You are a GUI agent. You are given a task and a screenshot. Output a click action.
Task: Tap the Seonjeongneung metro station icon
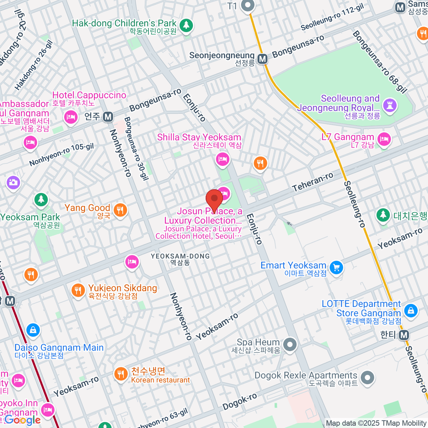pos(263,59)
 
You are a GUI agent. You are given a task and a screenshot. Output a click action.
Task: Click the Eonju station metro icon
pos(108,117)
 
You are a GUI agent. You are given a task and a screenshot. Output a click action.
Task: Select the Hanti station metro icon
pos(404,335)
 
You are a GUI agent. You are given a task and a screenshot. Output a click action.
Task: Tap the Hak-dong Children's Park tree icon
pos(185,25)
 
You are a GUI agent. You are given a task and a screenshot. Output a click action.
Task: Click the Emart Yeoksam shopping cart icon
pos(336,267)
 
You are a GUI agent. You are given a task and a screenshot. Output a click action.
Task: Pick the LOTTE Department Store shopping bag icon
pos(411,310)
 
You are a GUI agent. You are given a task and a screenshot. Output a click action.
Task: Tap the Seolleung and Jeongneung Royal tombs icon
pos(389,105)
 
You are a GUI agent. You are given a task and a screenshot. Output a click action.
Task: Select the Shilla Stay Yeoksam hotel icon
pos(223,159)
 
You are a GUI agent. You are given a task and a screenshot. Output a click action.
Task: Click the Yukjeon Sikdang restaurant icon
pos(78,290)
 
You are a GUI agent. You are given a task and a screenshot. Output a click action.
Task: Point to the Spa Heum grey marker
pos(290,345)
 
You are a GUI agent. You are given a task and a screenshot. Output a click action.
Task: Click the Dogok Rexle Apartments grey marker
pos(367,377)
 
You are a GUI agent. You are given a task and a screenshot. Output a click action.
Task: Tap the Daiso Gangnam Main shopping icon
pos(33,330)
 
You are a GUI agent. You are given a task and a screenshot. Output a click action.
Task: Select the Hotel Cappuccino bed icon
pos(71,117)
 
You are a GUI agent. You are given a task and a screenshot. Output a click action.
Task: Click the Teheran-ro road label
pos(312,181)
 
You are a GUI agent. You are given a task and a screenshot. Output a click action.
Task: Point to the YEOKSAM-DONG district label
pos(180,256)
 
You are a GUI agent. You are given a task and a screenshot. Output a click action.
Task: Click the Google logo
pos(22,420)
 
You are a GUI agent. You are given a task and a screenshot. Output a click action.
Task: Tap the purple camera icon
pos(13,183)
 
